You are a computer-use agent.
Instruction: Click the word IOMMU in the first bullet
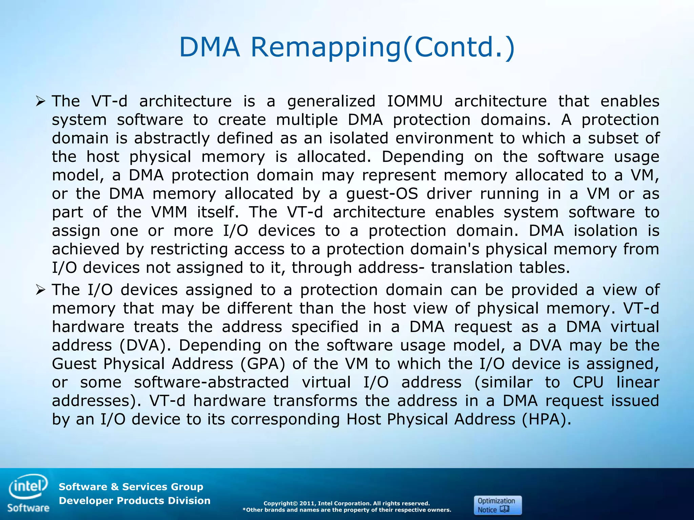(415, 101)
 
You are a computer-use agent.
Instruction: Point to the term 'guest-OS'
(382, 194)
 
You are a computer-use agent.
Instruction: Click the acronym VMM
(169, 212)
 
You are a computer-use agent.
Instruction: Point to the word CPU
(588, 383)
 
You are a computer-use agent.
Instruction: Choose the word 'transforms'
(315, 401)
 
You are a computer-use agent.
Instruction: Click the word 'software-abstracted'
(211, 383)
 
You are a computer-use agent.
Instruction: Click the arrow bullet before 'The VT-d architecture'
(40, 101)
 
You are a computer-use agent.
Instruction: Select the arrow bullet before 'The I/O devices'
(40, 290)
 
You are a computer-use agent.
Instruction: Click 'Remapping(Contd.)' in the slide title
(383, 47)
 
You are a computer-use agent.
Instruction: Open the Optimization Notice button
(497, 505)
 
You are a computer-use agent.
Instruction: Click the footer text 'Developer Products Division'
(135, 501)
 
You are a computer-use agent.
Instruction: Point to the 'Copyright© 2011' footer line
(346, 503)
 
